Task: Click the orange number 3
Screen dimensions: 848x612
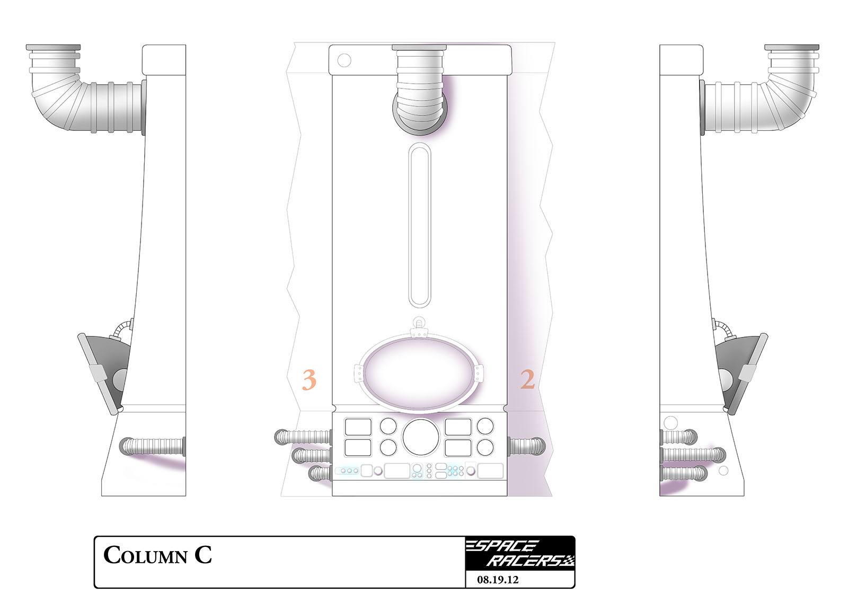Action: coord(309,379)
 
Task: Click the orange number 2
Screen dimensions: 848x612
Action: coord(527,379)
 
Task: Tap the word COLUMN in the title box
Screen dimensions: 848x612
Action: coord(145,556)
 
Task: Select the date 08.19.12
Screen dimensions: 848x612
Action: coord(498,580)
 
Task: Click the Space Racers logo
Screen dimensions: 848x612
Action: coord(520,553)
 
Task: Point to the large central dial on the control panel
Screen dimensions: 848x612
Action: coord(421,437)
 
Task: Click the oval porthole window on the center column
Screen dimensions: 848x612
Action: coord(419,373)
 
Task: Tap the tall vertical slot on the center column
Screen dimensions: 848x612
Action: coord(419,225)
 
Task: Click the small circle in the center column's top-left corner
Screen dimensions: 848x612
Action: coord(344,60)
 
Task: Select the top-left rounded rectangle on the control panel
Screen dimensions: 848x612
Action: coord(358,427)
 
